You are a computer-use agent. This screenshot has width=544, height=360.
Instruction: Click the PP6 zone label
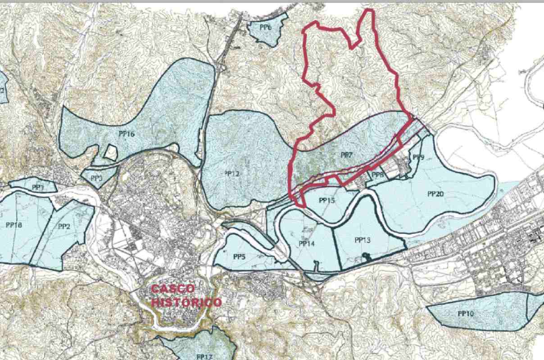(266, 27)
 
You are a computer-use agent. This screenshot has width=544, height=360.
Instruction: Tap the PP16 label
(127, 134)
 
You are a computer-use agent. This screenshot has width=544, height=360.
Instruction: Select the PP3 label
(96, 178)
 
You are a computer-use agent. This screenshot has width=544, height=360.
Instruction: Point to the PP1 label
(38, 187)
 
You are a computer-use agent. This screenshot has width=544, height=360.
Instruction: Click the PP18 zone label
(14, 225)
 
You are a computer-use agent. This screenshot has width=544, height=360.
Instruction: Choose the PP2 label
(64, 226)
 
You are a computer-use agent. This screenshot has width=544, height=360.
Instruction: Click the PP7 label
(346, 155)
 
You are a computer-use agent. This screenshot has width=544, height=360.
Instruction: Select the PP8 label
(378, 175)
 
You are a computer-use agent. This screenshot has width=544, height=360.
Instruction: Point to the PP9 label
(418, 157)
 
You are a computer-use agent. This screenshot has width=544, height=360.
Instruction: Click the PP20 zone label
(435, 194)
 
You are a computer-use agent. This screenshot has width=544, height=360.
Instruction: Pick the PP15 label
(326, 200)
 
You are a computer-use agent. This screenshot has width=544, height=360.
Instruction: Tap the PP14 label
(306, 243)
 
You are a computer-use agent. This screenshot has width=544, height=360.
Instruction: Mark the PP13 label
(363, 240)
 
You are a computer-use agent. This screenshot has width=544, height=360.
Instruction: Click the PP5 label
(239, 257)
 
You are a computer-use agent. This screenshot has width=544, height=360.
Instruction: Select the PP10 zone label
(466, 314)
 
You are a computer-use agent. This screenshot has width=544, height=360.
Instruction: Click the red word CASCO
(172, 288)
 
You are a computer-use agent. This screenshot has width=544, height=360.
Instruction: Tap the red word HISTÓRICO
(186, 302)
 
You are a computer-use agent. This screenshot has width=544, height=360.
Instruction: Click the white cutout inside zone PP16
(110, 152)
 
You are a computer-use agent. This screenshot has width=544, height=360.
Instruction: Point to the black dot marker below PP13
(365, 256)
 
